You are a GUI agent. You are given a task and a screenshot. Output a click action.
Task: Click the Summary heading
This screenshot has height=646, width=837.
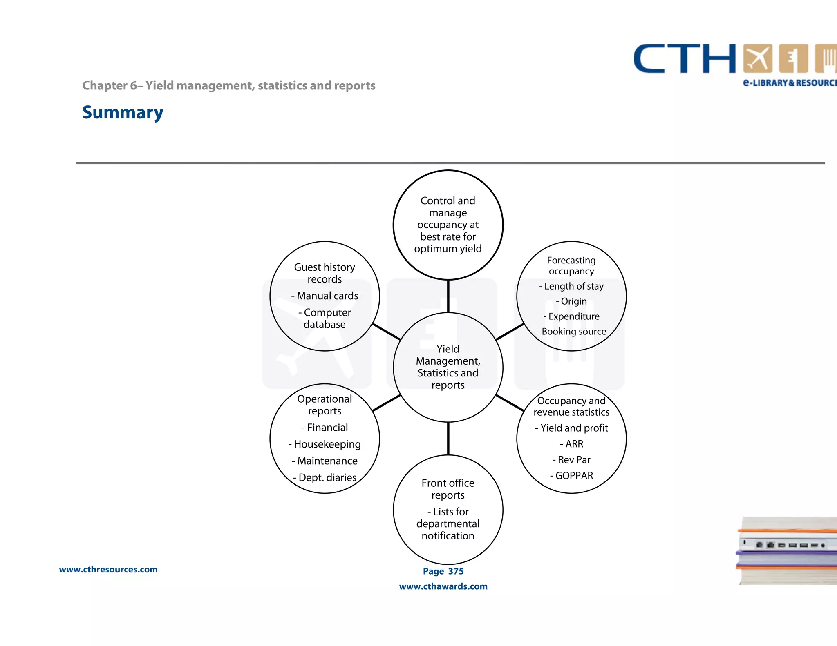tap(123, 112)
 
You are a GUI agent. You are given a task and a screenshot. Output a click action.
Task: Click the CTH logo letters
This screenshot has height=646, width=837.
tap(685, 59)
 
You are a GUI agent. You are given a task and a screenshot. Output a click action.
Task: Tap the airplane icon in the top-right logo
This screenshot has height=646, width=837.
tap(758, 59)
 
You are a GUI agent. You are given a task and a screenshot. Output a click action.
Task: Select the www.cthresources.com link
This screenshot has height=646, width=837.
tap(108, 569)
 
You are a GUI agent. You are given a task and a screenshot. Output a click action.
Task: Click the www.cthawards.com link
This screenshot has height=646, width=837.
tap(443, 586)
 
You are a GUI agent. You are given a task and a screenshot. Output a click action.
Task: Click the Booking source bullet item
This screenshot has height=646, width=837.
tap(572, 332)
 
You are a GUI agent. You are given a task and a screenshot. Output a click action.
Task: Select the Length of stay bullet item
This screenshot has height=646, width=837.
tap(572, 286)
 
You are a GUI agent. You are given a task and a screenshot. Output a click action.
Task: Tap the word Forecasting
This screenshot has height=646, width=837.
tap(571, 260)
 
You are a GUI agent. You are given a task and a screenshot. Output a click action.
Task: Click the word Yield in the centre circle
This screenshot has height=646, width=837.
tap(448, 349)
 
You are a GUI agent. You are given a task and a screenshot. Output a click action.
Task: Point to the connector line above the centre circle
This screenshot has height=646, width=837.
tap(448, 296)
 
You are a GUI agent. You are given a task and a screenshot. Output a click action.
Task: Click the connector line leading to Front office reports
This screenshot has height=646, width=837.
tap(448, 439)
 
